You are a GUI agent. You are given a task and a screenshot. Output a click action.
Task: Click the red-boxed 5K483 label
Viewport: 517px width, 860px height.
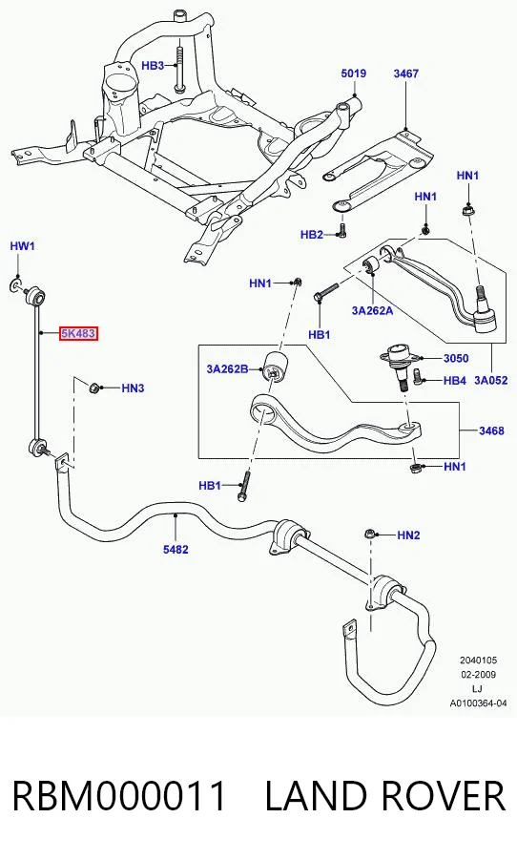pyautogui.click(x=78, y=333)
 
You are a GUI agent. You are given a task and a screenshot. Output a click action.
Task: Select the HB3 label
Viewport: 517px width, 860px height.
pyautogui.click(x=153, y=66)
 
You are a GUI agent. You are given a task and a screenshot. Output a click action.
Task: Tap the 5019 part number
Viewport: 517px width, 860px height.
pyautogui.click(x=354, y=73)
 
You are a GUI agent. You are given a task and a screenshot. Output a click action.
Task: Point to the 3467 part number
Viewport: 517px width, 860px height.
pyautogui.click(x=405, y=73)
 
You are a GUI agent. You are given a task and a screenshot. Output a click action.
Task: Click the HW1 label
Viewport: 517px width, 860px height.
pyautogui.click(x=23, y=245)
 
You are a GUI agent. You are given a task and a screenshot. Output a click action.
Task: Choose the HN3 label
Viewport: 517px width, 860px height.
pyautogui.click(x=133, y=388)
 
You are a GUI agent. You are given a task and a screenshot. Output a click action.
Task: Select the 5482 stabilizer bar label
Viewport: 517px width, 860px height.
pyautogui.click(x=176, y=549)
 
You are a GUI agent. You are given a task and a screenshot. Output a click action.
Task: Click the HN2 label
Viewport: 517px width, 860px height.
pyautogui.click(x=408, y=535)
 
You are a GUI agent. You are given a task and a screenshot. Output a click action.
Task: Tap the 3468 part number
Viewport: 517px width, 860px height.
pyautogui.click(x=491, y=430)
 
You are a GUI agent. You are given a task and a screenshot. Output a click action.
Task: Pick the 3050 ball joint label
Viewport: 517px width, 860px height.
pyautogui.click(x=456, y=358)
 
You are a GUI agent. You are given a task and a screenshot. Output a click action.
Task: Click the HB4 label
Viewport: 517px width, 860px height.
pyautogui.click(x=454, y=380)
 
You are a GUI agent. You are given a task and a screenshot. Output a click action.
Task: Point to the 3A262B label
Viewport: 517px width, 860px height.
pyautogui.click(x=227, y=368)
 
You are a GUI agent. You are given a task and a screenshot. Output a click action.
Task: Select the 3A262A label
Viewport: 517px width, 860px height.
pyautogui.click(x=372, y=310)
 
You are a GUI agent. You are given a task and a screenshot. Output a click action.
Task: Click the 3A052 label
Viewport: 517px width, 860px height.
pyautogui.click(x=490, y=380)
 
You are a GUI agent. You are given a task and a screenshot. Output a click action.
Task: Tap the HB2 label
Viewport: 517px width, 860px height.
pyautogui.click(x=311, y=235)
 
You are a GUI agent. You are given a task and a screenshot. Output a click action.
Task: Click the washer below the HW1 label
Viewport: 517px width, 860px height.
pyautogui.click(x=16, y=284)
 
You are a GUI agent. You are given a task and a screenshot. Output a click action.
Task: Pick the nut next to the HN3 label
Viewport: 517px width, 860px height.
pyautogui.click(x=94, y=388)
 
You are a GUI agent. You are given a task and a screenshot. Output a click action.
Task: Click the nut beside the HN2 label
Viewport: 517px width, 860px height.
pyautogui.click(x=369, y=534)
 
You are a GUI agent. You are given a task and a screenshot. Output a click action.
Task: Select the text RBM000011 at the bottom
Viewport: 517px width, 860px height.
pyautogui.click(x=119, y=796)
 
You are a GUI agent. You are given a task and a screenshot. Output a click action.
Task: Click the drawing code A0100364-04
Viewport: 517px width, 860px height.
pyautogui.click(x=478, y=703)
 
